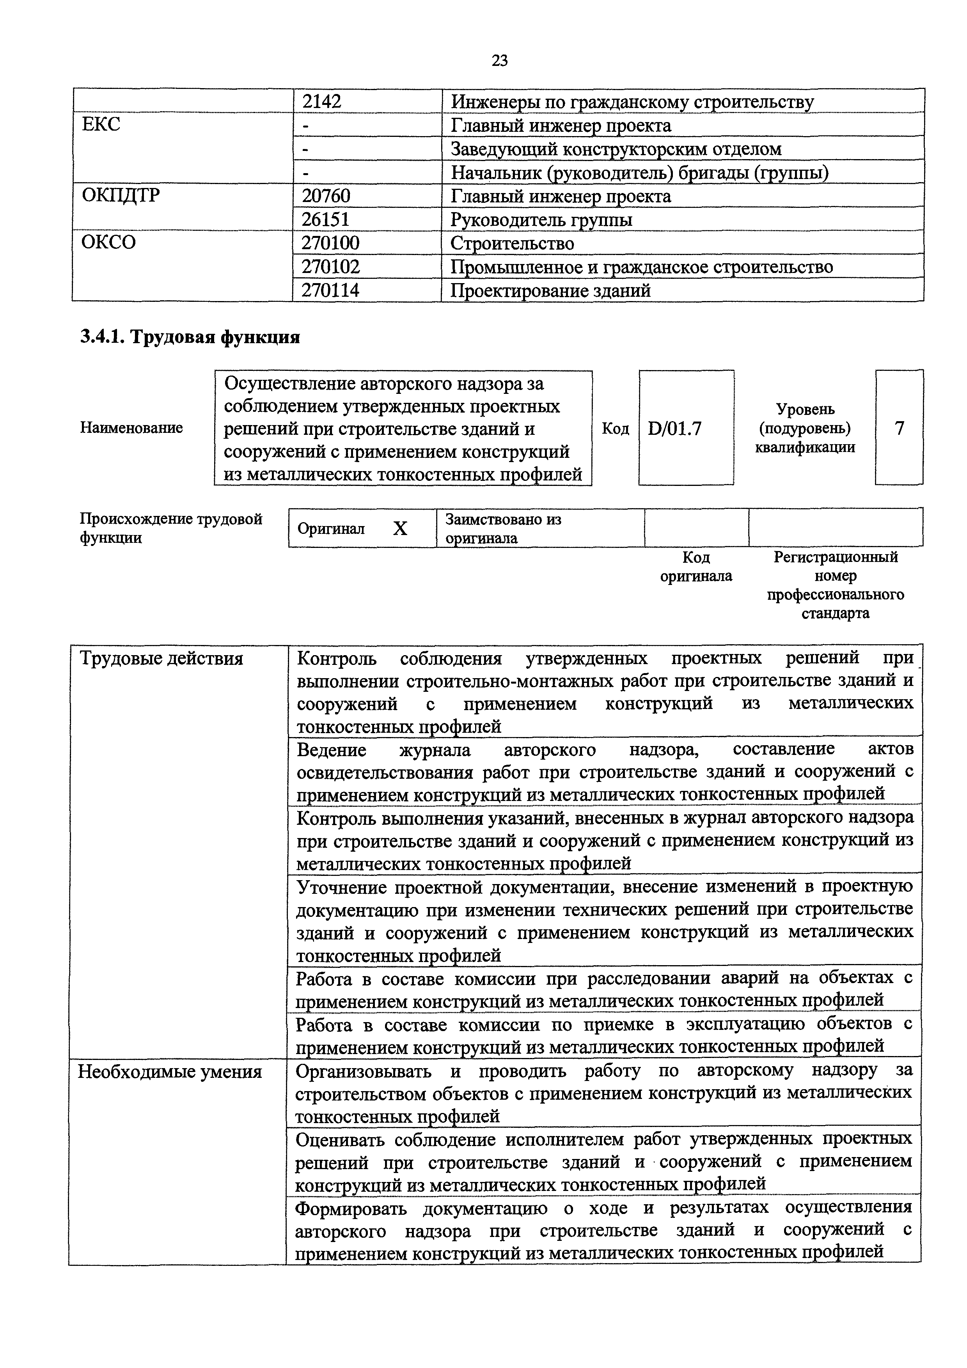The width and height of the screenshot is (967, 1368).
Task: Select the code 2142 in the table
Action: click(322, 102)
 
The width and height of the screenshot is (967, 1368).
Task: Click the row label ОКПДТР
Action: click(121, 195)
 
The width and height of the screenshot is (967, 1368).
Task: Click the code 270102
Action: click(331, 267)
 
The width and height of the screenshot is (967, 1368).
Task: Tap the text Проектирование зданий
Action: click(550, 291)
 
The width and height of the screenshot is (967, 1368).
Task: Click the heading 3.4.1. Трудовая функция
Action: click(190, 337)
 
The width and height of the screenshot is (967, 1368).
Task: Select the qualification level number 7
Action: click(899, 428)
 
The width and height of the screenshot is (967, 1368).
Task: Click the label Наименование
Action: click(131, 428)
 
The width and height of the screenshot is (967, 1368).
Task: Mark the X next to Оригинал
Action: click(400, 528)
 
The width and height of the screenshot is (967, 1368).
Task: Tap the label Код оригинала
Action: click(696, 567)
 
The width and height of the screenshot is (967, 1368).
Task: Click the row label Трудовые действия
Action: click(161, 659)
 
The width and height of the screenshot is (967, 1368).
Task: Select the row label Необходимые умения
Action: click(170, 1072)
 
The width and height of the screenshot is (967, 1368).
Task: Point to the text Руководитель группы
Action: click(541, 220)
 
